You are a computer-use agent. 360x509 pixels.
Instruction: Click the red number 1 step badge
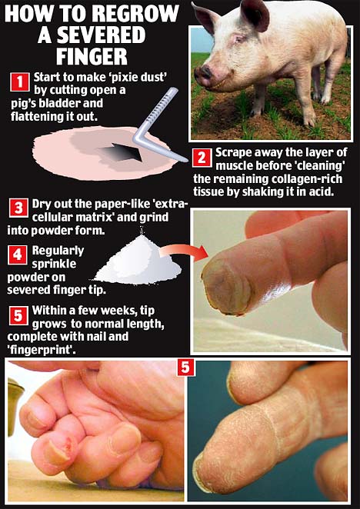click(20, 82)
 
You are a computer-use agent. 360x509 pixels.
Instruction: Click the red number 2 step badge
click(202, 158)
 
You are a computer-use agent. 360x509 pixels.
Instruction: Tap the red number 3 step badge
click(18, 208)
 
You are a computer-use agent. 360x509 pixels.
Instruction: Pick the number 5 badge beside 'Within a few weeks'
click(18, 315)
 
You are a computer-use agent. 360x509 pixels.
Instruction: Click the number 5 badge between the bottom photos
click(185, 368)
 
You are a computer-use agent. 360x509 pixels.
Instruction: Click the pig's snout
click(203, 75)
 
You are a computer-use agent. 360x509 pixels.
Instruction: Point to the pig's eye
click(239, 40)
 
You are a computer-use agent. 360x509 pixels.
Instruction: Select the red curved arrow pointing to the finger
click(184, 251)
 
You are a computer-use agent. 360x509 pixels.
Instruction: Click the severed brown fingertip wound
click(226, 286)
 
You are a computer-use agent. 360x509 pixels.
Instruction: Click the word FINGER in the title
click(92, 57)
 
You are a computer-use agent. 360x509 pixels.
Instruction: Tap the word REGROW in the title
click(135, 14)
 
